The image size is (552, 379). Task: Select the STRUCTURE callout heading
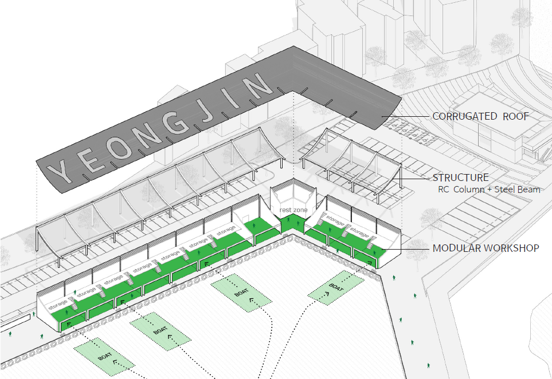461,178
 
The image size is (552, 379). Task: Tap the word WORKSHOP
514,248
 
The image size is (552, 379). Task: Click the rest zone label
293,210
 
